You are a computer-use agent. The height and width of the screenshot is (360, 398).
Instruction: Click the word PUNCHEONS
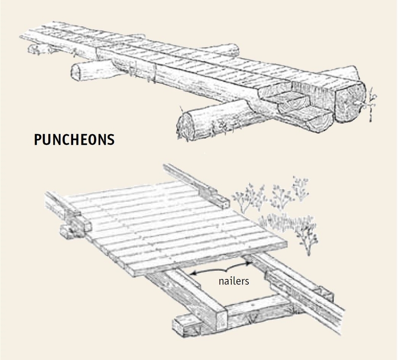(74, 141)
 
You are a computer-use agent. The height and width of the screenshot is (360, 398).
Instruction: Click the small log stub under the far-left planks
(35, 49)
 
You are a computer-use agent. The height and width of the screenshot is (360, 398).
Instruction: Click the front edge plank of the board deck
(204, 259)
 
